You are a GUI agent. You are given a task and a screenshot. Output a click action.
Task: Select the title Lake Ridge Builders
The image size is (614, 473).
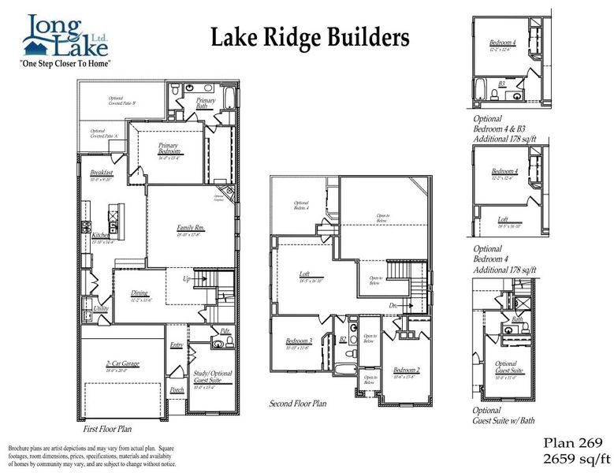pos(311,38)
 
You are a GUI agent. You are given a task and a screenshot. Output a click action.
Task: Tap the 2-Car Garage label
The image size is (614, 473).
pos(121,363)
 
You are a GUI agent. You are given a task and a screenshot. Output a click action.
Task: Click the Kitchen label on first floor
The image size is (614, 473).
pos(99,235)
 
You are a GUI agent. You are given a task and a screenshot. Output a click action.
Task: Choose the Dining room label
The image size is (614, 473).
pos(140,294)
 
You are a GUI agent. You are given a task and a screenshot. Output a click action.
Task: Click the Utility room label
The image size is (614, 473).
pos(100,308)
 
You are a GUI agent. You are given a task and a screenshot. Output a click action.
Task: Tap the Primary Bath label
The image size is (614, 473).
pos(206,103)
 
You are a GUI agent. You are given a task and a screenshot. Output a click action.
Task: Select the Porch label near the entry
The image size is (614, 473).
pos(177,389)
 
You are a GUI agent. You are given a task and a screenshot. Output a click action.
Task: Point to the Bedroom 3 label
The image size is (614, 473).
pos(300,341)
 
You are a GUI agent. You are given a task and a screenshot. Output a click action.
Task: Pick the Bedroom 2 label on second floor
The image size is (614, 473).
pos(406,370)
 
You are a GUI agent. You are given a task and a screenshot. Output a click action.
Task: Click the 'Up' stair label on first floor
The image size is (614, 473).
pos(186,279)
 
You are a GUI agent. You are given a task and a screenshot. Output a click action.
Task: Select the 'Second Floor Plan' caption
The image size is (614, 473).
pos(298,404)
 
